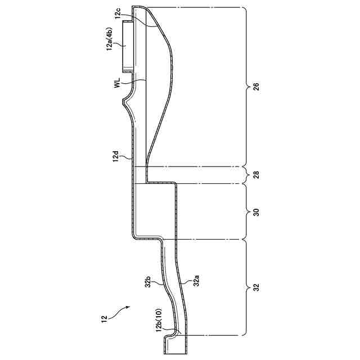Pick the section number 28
(x=255, y=175)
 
